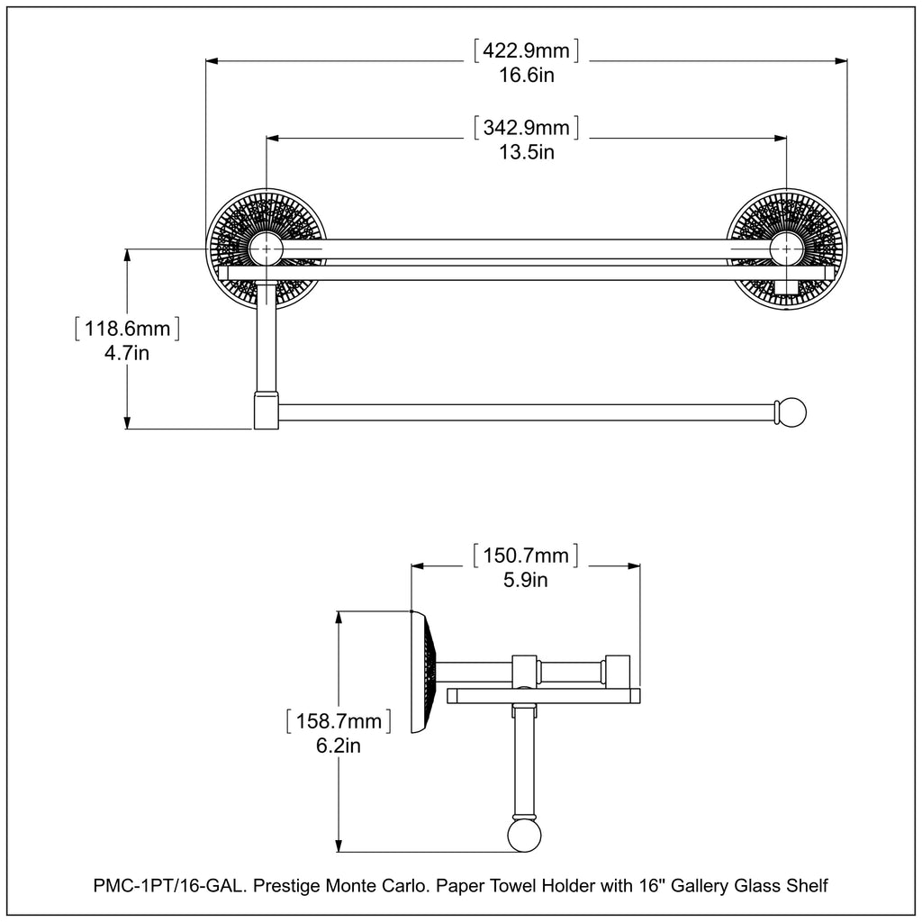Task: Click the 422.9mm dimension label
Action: click(527, 50)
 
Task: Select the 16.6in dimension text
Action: click(527, 76)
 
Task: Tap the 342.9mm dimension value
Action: click(527, 127)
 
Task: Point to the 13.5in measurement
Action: click(527, 152)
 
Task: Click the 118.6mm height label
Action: click(127, 329)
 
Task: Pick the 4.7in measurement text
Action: click(127, 354)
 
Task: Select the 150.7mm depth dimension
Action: click(527, 555)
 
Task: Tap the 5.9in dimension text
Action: click(527, 580)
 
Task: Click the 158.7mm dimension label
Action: click(338, 721)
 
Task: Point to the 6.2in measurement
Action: click(338, 746)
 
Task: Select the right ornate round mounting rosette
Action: click(787, 248)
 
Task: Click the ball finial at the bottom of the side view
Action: click(524, 836)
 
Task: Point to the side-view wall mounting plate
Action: click(422, 671)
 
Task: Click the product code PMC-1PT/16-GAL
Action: click(167, 886)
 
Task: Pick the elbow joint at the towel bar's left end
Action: click(266, 410)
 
